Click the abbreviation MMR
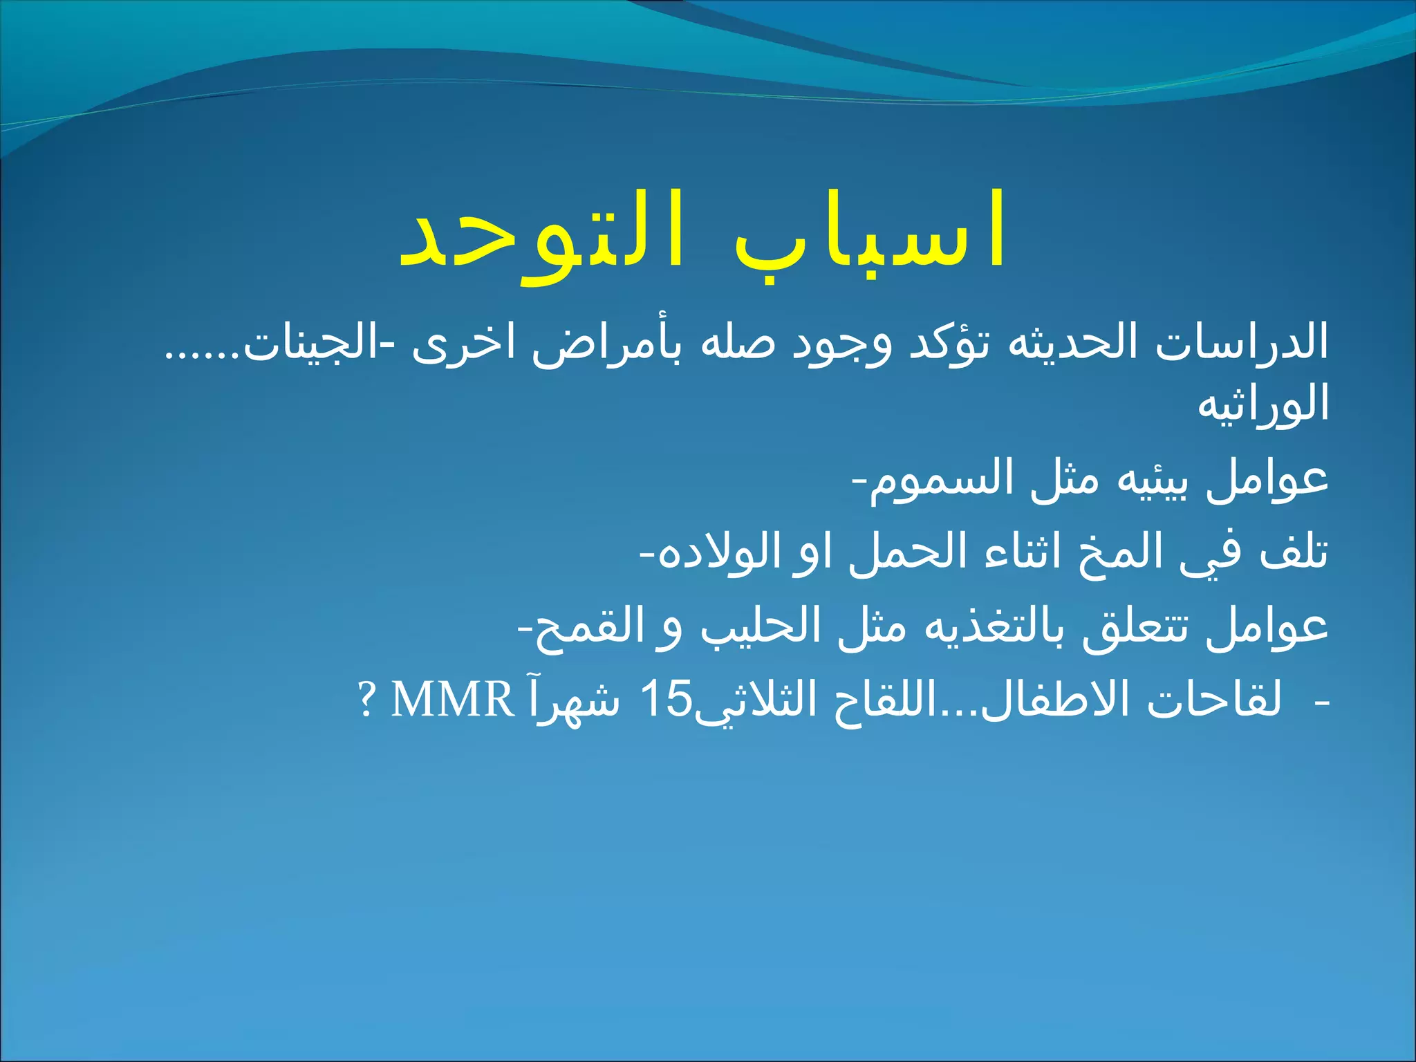click(x=452, y=700)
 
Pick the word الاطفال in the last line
click(x=1059, y=700)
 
